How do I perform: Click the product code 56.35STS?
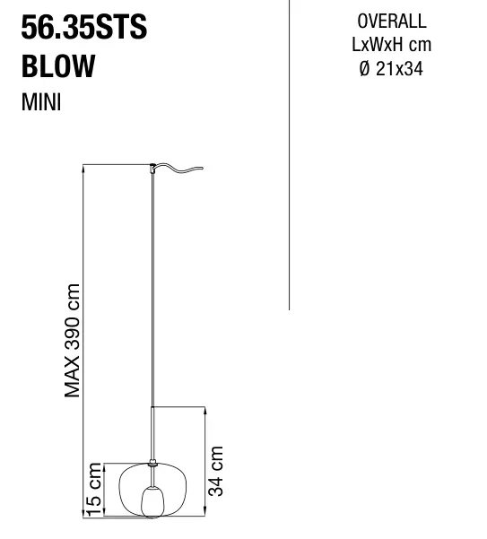[x=84, y=27]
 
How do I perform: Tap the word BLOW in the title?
[x=58, y=65]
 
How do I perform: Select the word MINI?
[x=41, y=102]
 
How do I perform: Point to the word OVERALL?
[x=392, y=22]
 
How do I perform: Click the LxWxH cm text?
[x=391, y=45]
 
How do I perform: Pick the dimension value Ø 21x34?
[x=391, y=68]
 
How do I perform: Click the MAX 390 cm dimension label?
[x=73, y=340]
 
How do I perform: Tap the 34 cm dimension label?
[x=216, y=471]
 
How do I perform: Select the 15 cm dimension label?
[x=94, y=489]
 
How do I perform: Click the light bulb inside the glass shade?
[x=153, y=501]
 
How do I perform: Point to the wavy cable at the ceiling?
[x=178, y=168]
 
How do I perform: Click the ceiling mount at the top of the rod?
[x=152, y=169]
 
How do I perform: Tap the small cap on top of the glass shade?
[x=152, y=463]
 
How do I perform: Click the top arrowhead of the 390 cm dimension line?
[x=83, y=168]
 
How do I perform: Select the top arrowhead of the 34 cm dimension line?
[x=205, y=411]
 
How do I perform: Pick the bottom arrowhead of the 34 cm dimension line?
[x=205, y=512]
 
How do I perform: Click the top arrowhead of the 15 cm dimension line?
[x=104, y=467]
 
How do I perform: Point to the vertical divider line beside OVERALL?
[x=289, y=154]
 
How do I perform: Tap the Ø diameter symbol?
[x=364, y=68]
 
